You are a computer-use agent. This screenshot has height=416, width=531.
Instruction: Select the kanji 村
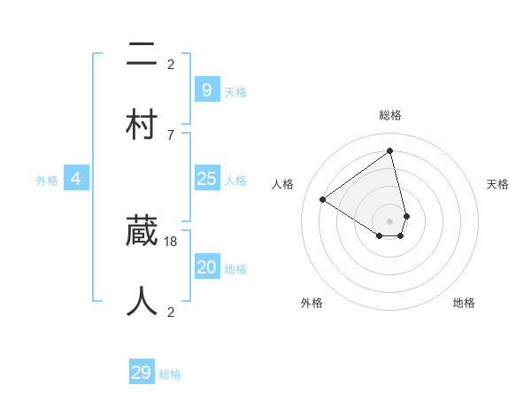point(142,124)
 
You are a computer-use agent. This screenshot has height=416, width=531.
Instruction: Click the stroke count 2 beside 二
point(171,64)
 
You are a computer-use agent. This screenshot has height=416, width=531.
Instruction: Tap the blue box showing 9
point(206,90)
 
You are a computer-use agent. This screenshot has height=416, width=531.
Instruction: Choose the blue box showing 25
point(206,180)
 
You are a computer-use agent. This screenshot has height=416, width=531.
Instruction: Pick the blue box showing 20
point(206,267)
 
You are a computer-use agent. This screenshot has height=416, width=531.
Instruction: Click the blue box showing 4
point(76,179)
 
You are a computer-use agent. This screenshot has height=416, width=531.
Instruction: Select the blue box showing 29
point(142,373)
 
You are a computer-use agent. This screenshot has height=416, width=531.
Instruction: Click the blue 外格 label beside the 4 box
point(47,181)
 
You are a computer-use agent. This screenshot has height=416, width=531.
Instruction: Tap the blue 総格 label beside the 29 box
point(170,374)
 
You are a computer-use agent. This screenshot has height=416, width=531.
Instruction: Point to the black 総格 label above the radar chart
point(389,115)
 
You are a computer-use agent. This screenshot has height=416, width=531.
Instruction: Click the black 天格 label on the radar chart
point(498,184)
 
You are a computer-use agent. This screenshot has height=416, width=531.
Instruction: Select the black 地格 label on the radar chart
point(464,303)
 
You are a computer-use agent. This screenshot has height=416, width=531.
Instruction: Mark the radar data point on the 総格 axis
point(389,150)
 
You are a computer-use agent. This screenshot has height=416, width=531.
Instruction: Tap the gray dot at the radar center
point(389,221)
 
